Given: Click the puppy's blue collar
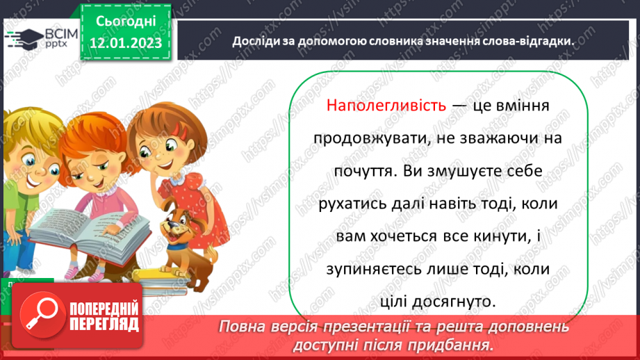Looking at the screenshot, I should click(177, 245).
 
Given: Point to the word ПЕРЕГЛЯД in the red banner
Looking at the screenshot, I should click(104, 324).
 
